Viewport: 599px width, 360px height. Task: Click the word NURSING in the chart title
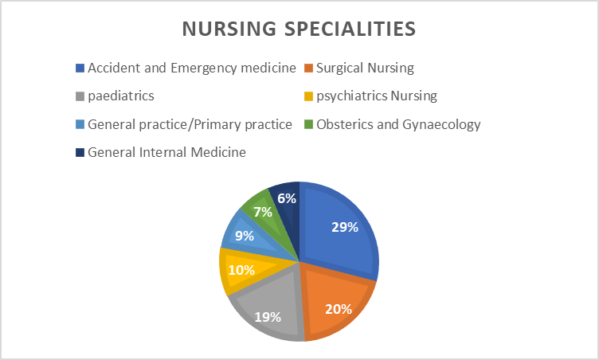[229, 29]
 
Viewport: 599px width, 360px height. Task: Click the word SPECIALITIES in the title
[350, 29]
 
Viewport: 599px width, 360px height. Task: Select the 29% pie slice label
[345, 227]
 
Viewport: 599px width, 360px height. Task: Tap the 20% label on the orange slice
[339, 309]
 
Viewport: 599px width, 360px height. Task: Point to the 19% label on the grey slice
[268, 317]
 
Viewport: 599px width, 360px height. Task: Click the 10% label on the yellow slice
[241, 270]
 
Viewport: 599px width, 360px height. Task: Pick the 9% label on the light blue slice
[245, 236]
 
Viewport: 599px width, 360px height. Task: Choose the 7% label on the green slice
[263, 212]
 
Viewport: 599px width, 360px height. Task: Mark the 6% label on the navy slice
[287, 198]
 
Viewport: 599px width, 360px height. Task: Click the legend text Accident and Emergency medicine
[192, 68]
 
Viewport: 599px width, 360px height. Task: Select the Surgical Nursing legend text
[365, 68]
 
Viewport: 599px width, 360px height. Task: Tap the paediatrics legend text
[121, 96]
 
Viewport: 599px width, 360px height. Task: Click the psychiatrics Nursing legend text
[376, 96]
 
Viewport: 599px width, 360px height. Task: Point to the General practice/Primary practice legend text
[190, 124]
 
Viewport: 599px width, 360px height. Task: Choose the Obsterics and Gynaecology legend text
[398, 124]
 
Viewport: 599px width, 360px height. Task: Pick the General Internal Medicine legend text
[166, 152]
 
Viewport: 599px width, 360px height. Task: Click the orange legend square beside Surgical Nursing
[309, 68]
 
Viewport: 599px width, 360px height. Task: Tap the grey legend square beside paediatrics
[80, 96]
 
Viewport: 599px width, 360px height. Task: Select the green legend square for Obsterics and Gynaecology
[309, 124]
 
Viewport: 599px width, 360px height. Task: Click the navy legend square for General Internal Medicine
[80, 152]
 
